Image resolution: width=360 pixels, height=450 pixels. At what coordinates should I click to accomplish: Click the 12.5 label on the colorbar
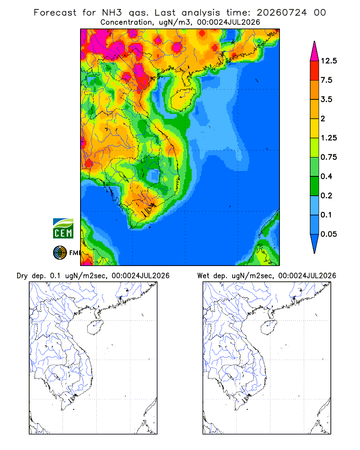point(328,61)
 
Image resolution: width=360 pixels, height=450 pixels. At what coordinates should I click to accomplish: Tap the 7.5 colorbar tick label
point(327,80)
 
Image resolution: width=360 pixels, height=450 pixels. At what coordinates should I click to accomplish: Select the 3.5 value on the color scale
point(327,99)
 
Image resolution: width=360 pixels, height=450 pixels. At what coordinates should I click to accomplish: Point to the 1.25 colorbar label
point(328,138)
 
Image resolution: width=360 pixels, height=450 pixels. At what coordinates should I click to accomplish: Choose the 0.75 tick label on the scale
point(328,157)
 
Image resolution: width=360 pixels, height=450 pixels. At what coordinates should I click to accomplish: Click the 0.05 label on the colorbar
point(328,234)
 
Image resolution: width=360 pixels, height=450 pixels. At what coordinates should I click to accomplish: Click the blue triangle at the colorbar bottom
point(315,242)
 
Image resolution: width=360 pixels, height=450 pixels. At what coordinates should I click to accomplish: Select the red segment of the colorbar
point(315,71)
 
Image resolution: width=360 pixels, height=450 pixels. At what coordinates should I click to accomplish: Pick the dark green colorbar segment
point(315,186)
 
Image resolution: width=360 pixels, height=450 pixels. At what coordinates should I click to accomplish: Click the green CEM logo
point(63,229)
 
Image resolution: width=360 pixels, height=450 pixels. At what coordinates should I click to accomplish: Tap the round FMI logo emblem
point(60,253)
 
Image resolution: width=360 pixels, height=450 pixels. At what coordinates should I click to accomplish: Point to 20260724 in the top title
point(282,13)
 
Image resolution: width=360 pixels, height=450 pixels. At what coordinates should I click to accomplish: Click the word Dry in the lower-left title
point(22,276)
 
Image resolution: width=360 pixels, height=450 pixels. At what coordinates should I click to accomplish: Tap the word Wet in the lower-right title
point(203,276)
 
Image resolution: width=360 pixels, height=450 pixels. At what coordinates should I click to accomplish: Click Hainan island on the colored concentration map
point(183,99)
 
